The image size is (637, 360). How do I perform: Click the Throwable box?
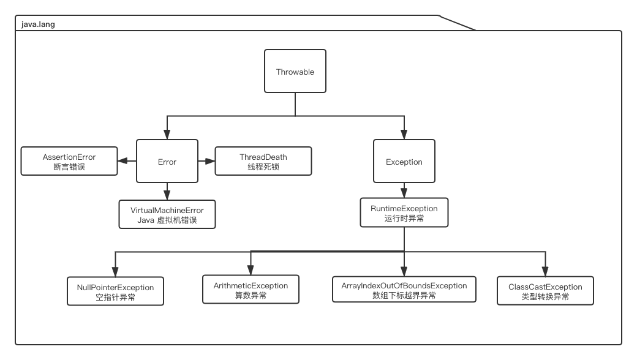pyautogui.click(x=295, y=72)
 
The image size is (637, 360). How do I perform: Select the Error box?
pyautogui.click(x=167, y=162)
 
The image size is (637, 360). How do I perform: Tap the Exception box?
pyautogui.click(x=404, y=162)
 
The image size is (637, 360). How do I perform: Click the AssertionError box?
pyautogui.click(x=69, y=161)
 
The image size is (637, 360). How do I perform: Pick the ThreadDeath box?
pyautogui.click(x=263, y=161)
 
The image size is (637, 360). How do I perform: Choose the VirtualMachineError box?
pyautogui.click(x=167, y=215)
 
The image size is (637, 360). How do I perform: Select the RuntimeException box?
pyautogui.click(x=404, y=212)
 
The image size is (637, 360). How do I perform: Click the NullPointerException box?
pyautogui.click(x=115, y=291)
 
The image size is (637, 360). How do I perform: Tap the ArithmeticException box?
pyautogui.click(x=251, y=290)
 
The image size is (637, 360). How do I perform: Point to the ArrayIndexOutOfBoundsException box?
pyautogui.click(x=404, y=290)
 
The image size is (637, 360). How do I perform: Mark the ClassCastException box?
pyautogui.click(x=545, y=291)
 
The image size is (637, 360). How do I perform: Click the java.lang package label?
pyautogui.click(x=38, y=24)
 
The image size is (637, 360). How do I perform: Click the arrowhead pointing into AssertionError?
pyautogui.click(x=123, y=161)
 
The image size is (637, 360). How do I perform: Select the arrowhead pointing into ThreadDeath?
pyautogui.click(x=210, y=161)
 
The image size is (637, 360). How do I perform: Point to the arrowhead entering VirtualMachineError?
pyautogui.click(x=167, y=195)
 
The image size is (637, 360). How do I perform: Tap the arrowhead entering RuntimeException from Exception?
pyautogui.click(x=404, y=193)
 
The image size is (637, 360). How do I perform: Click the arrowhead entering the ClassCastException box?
pyautogui.click(x=545, y=272)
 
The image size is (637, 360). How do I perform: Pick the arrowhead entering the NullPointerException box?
pyautogui.click(x=115, y=272)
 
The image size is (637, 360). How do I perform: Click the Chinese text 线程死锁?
pyautogui.click(x=263, y=167)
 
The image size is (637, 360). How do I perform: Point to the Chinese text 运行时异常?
pyautogui.click(x=404, y=218)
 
